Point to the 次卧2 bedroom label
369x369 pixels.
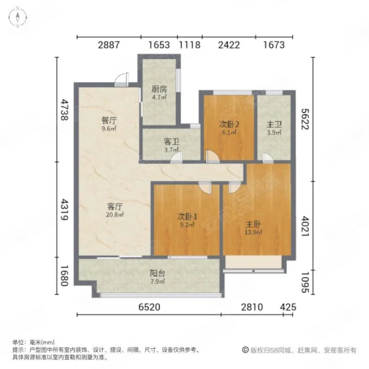228,123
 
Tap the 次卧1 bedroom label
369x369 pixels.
187,216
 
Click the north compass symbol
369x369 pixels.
19,17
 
